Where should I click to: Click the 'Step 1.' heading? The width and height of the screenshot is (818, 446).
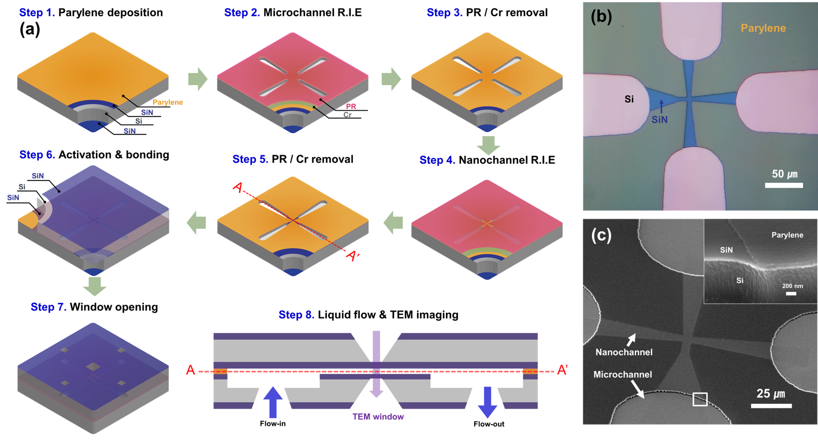[x=37, y=13]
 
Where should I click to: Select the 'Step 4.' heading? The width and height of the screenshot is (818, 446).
[x=437, y=160]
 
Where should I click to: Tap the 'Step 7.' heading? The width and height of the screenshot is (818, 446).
[x=49, y=308]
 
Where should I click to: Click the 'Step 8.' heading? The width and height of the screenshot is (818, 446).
[x=296, y=315]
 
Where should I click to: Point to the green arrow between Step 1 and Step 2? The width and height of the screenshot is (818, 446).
[x=198, y=80]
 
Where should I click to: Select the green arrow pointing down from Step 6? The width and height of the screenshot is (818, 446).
[x=95, y=285]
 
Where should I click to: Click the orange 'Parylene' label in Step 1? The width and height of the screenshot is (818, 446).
[x=168, y=103]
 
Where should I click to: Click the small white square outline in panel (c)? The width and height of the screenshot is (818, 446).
[x=700, y=399]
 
